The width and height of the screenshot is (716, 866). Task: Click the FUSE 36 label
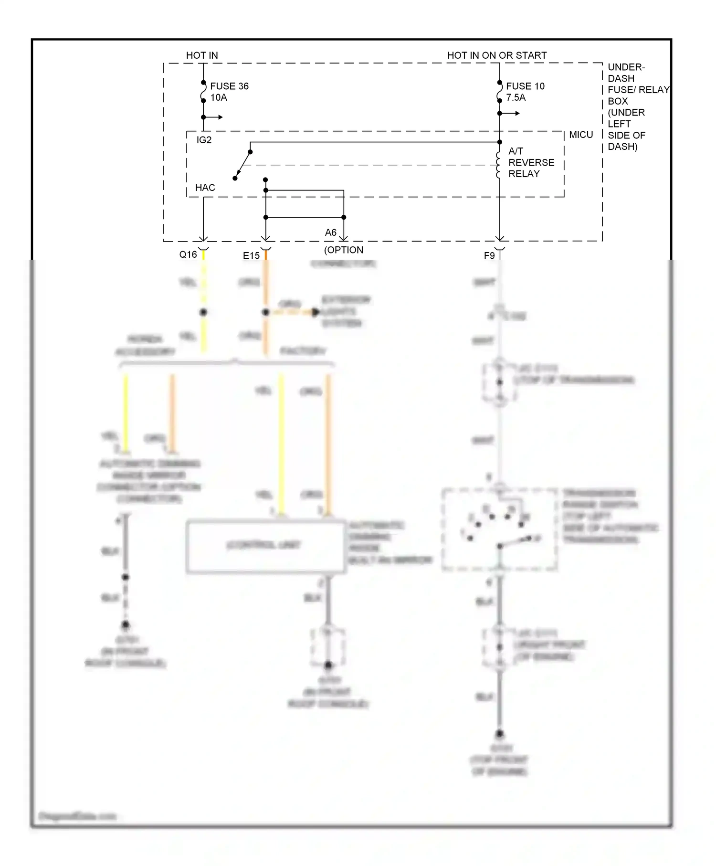click(x=229, y=86)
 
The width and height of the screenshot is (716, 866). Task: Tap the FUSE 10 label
click(x=525, y=86)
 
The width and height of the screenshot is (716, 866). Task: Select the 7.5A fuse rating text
click(x=516, y=97)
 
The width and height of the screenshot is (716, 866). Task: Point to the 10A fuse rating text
click(x=219, y=97)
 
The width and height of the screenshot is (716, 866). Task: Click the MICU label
click(x=581, y=135)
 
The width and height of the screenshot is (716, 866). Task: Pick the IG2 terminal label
click(x=204, y=140)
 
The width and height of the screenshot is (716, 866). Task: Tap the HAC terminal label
click(x=205, y=188)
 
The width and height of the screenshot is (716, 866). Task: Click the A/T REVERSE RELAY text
click(x=531, y=162)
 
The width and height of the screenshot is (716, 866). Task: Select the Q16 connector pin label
click(x=188, y=254)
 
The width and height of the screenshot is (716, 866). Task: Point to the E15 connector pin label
click(x=251, y=255)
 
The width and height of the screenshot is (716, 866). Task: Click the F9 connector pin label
click(x=489, y=255)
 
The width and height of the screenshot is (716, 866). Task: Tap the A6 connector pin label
click(x=331, y=232)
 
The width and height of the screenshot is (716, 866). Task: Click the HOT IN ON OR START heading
click(x=496, y=55)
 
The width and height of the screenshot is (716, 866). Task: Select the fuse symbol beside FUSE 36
click(x=203, y=92)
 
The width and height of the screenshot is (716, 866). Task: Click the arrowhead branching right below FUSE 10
click(x=517, y=113)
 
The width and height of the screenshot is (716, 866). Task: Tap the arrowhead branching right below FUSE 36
click(x=220, y=117)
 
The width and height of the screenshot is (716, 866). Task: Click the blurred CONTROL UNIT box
click(x=265, y=546)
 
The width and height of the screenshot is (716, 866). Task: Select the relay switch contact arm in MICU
click(x=243, y=165)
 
